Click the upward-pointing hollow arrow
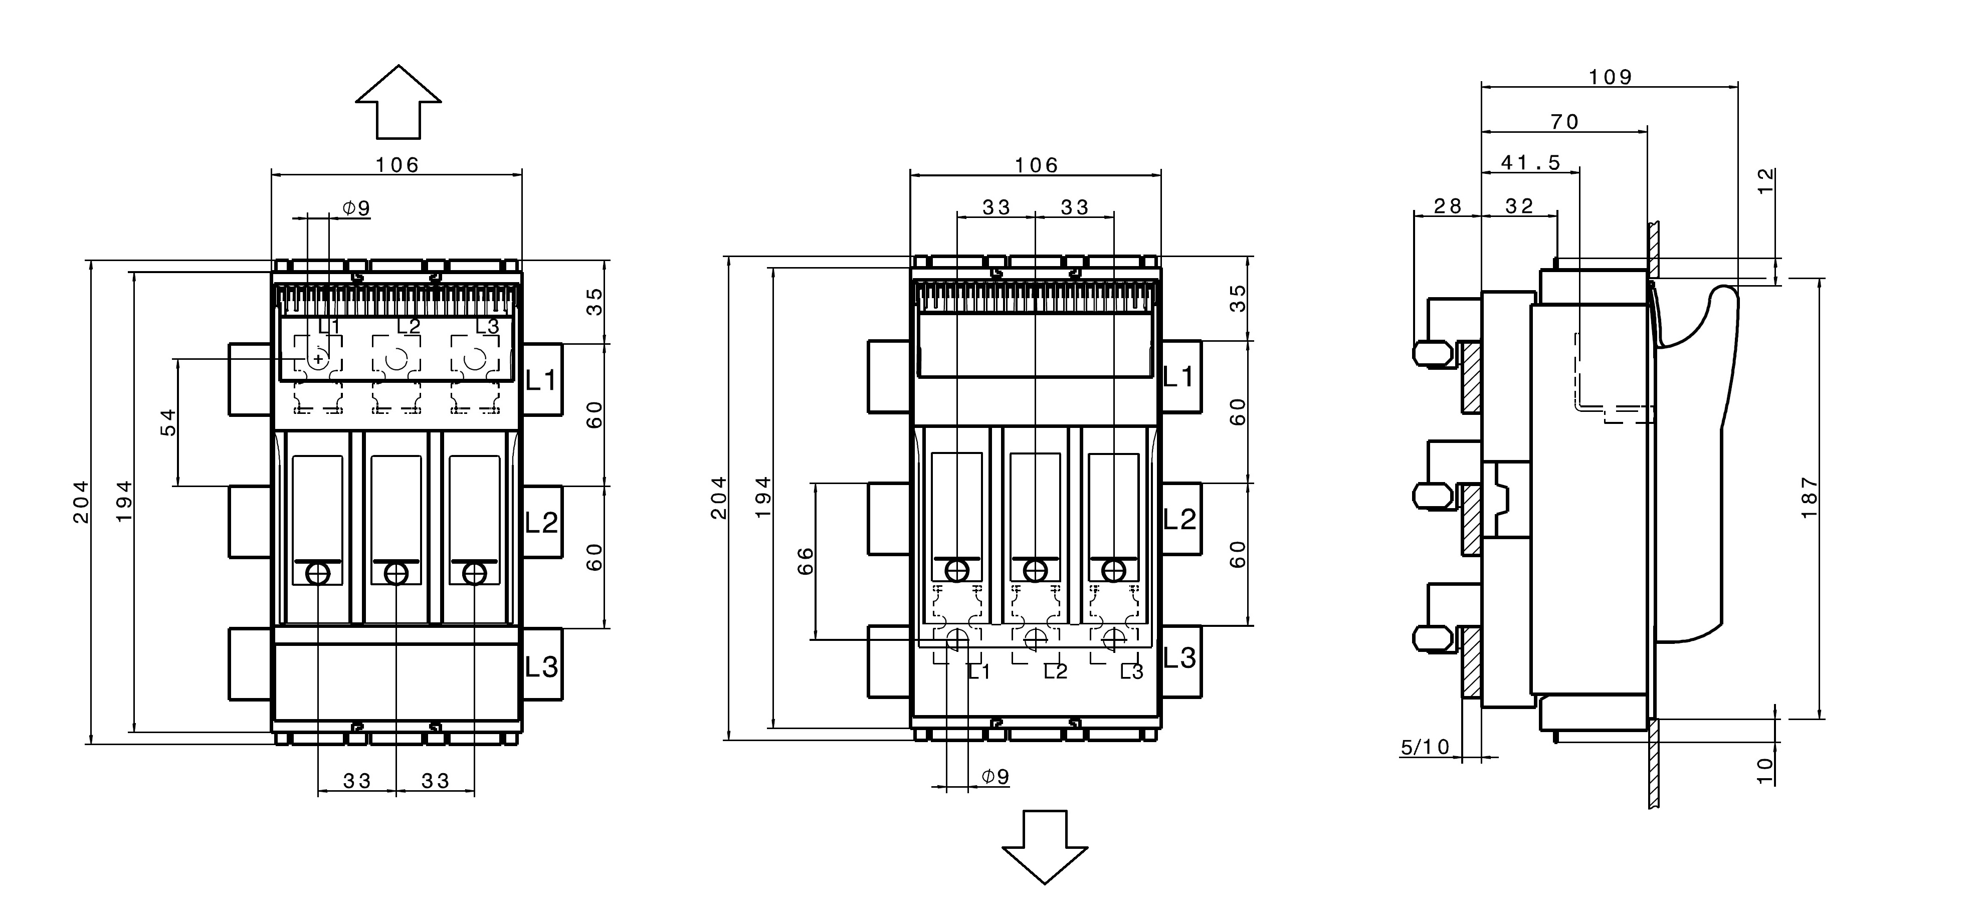(398, 102)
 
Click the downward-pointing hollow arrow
(1045, 846)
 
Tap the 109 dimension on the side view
(1611, 77)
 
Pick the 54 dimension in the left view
(168, 422)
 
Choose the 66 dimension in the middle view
(805, 561)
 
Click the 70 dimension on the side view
(1565, 122)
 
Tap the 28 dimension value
(1447, 206)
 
